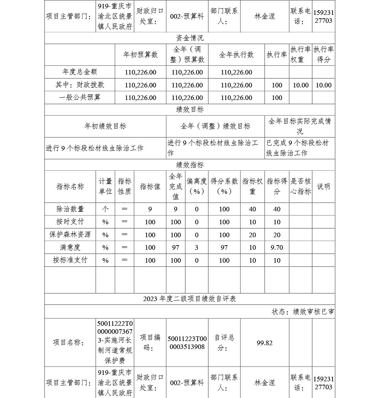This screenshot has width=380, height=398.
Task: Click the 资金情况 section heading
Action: tap(190, 38)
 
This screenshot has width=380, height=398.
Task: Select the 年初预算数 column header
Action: tap(140, 55)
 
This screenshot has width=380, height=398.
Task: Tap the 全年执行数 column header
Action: tap(236, 55)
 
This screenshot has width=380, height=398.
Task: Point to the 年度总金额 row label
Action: tap(79, 72)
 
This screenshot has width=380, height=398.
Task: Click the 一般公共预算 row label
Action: tap(79, 97)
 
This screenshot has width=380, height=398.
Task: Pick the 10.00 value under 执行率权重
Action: tap(301, 85)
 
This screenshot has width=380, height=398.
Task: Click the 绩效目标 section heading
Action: tap(190, 109)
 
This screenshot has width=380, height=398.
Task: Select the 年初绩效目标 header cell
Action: tap(105, 126)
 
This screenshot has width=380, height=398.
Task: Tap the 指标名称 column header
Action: tap(70, 186)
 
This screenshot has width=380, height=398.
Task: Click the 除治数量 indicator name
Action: tap(70, 209)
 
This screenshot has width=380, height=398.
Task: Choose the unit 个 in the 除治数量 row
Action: tap(105, 209)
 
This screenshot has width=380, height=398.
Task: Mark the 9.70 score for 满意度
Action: tap(276, 247)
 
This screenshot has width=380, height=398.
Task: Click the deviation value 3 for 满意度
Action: tap(196, 247)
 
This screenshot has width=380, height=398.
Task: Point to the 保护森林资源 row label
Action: tap(70, 235)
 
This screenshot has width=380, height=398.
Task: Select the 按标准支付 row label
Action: tap(70, 260)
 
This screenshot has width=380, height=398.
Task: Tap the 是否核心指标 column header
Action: tap(301, 186)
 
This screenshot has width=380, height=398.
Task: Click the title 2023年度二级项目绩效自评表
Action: tap(190, 299)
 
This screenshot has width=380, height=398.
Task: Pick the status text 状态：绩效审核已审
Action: tap(303, 312)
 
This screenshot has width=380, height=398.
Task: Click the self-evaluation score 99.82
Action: tap(264, 343)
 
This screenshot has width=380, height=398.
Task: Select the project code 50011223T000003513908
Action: tap(187, 343)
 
